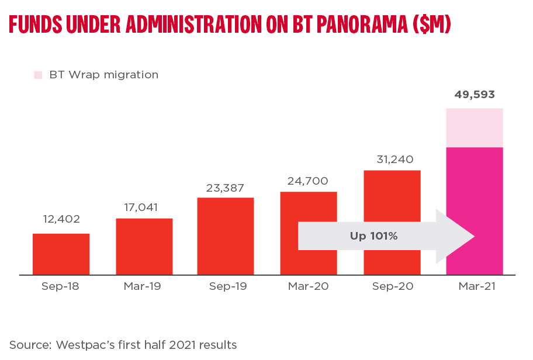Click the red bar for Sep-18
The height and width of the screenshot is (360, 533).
click(x=61, y=254)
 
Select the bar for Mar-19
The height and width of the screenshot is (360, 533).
click(x=144, y=247)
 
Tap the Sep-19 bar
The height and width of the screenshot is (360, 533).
click(x=226, y=236)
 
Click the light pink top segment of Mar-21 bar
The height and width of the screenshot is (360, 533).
click(x=475, y=128)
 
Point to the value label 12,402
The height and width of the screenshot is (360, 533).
click(x=61, y=220)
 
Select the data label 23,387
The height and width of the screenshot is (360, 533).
click(x=225, y=188)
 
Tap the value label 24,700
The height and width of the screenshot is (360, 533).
click(x=307, y=181)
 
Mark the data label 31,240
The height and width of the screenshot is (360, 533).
click(x=392, y=160)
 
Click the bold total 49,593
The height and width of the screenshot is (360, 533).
click(x=475, y=95)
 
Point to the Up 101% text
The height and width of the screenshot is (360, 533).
click(x=373, y=236)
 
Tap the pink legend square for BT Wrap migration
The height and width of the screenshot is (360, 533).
click(x=39, y=75)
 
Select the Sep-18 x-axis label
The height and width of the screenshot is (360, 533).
click(x=60, y=287)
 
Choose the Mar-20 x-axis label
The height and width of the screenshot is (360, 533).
click(x=309, y=287)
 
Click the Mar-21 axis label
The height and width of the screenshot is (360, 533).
click(x=475, y=287)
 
